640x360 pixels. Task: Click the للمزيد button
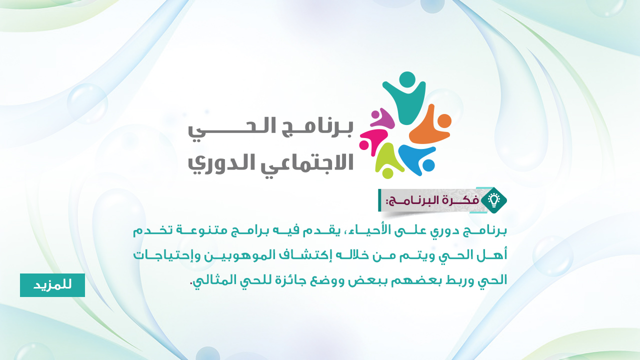pyautogui.click(x=52, y=285)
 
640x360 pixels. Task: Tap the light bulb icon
pyautogui.click(x=493, y=200)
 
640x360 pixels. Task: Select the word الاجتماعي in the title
pyautogui.click(x=307, y=163)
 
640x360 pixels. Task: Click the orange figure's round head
pyautogui.click(x=444, y=121)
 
